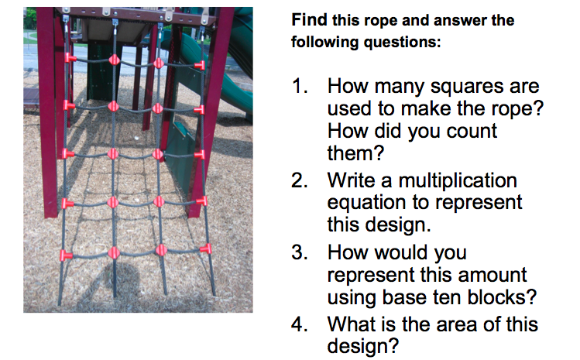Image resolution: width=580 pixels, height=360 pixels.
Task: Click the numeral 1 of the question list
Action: point(300,87)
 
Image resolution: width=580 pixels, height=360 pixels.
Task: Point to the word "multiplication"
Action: point(458,181)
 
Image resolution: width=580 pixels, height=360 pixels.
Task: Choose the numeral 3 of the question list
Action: point(300,253)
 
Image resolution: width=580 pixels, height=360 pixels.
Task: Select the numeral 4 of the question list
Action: point(300,324)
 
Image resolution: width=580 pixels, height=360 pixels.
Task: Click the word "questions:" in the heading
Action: point(407,41)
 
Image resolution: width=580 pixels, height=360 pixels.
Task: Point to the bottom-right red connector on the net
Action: point(205,249)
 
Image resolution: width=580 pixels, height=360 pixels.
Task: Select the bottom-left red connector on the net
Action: point(66,254)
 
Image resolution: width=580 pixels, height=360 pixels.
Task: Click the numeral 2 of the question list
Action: point(300,181)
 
